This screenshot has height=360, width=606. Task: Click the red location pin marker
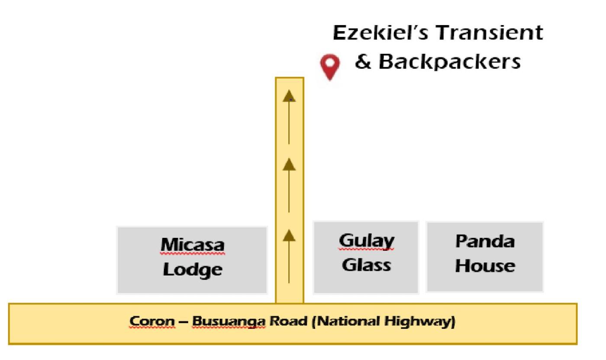pos(330,66)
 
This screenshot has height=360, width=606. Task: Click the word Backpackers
pos(450,62)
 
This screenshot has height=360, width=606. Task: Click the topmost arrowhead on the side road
pos(289,96)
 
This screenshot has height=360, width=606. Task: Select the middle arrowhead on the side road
pos(289,165)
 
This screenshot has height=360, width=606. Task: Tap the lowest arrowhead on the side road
pos(289,235)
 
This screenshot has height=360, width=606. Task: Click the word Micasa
pos(193,245)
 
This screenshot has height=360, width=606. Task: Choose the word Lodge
pos(193,269)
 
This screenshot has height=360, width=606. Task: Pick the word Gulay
pos(367,240)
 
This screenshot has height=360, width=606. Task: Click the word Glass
pos(367,264)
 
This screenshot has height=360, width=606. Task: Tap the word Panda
pos(485,241)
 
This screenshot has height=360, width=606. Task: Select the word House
pos(485,265)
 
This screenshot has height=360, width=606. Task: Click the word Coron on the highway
pos(151,322)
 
